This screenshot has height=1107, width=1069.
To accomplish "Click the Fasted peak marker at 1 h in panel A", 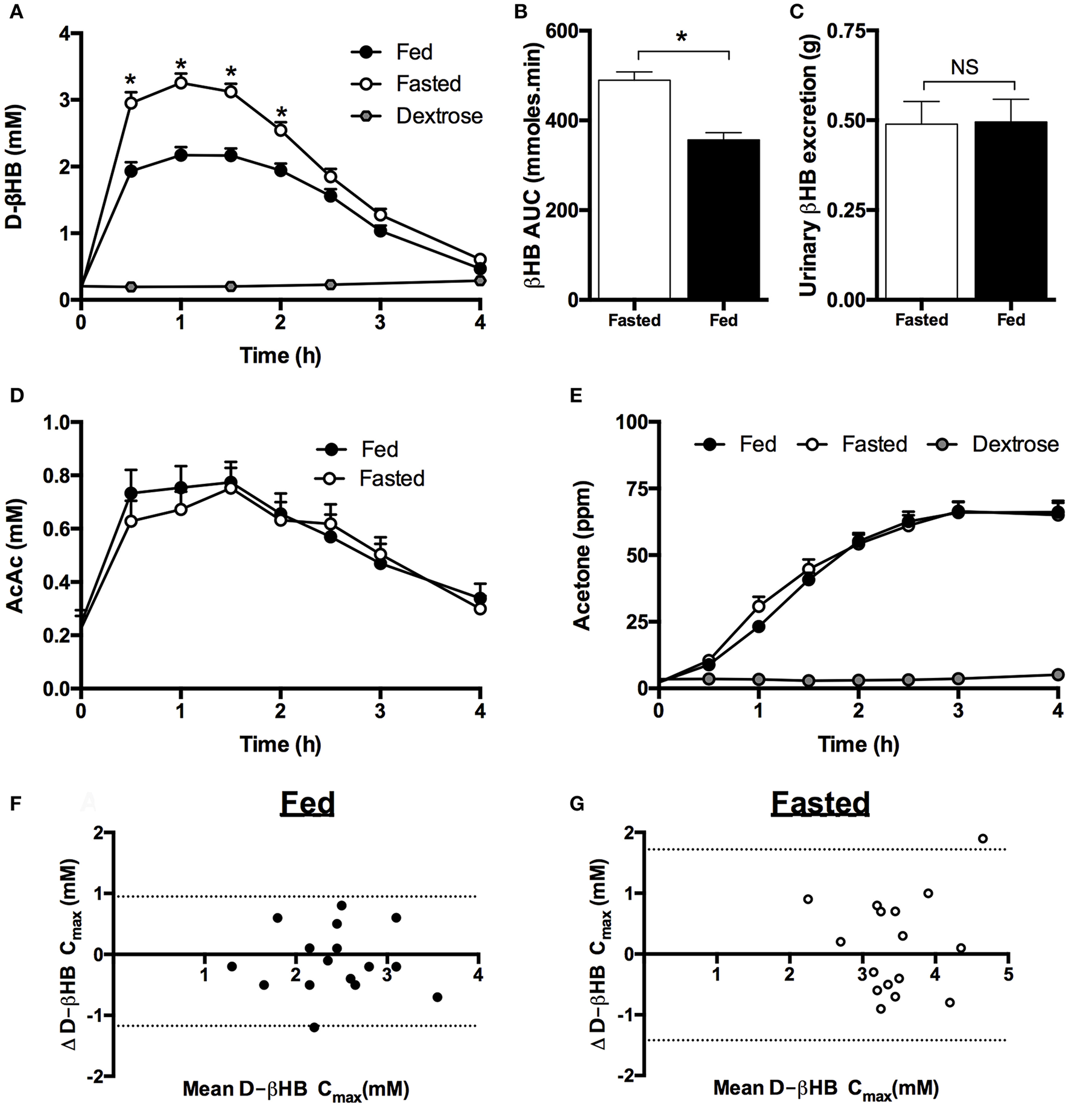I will coord(180,83).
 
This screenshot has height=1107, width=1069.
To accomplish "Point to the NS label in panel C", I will coord(964,67).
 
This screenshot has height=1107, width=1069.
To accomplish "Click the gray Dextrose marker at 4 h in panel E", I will coord(1058,674).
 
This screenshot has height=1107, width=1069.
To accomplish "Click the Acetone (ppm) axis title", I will coord(582,555).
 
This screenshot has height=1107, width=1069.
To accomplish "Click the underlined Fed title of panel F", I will coord(308,803).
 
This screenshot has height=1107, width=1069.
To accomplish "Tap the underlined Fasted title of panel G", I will coord(820,803).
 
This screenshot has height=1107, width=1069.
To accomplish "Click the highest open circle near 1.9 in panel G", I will coord(982,839).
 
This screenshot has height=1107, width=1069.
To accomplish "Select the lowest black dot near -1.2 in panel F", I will coord(314,1027).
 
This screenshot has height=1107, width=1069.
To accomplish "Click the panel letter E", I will coord(576,396).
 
